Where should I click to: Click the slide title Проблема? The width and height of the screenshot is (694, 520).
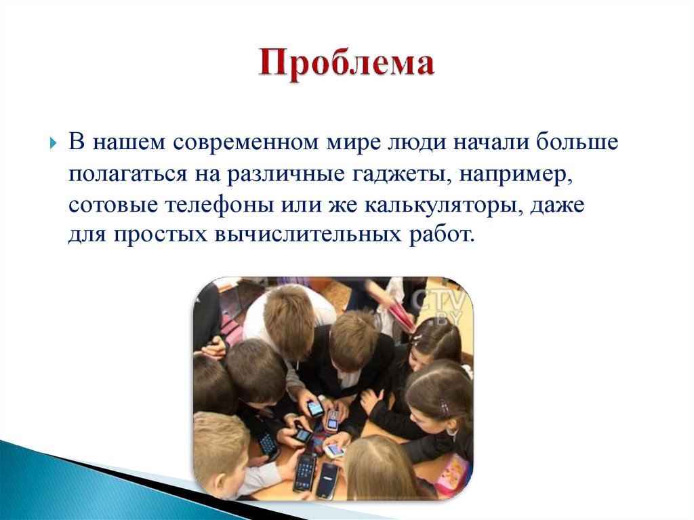click(346, 66)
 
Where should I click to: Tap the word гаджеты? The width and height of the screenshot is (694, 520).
click(401, 174)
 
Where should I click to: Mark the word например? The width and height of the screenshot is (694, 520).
click(514, 174)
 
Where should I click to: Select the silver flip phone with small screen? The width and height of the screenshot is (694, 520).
click(331, 421)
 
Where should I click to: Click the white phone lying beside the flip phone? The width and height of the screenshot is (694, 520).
click(335, 450)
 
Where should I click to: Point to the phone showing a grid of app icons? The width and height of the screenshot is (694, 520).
click(304, 472)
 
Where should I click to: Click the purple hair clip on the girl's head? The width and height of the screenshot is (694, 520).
click(445, 407)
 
